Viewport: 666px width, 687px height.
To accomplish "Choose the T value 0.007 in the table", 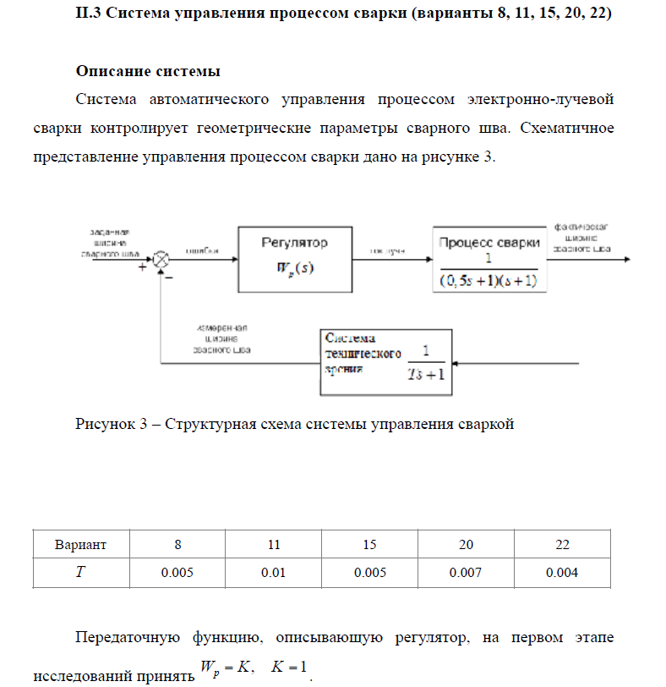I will [466, 573].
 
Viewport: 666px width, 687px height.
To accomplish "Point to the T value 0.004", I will [562, 573].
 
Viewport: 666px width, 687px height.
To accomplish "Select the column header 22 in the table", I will [562, 544].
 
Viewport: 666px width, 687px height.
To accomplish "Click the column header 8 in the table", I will [177, 544].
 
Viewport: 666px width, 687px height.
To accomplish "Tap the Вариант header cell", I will [80, 544].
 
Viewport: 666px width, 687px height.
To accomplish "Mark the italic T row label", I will [80, 573].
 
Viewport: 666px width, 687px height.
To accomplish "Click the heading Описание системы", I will [149, 69].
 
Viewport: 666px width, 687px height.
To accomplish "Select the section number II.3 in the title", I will [90, 17].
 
